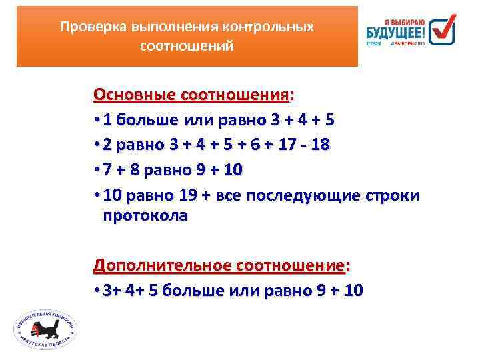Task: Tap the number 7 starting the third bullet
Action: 108,171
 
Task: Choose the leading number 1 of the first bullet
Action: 108,121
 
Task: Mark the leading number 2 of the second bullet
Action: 108,145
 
